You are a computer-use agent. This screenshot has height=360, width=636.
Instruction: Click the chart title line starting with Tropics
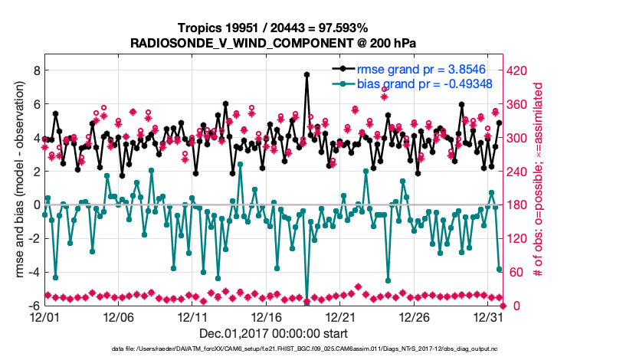(x=273, y=28)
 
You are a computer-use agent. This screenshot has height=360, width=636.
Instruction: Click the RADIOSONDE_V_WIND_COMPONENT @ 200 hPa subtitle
(x=273, y=41)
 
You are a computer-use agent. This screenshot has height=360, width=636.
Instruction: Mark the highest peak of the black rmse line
(x=307, y=74)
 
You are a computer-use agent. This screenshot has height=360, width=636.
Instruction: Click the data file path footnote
(x=305, y=349)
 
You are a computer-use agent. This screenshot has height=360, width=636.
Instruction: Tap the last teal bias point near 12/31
(x=499, y=269)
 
